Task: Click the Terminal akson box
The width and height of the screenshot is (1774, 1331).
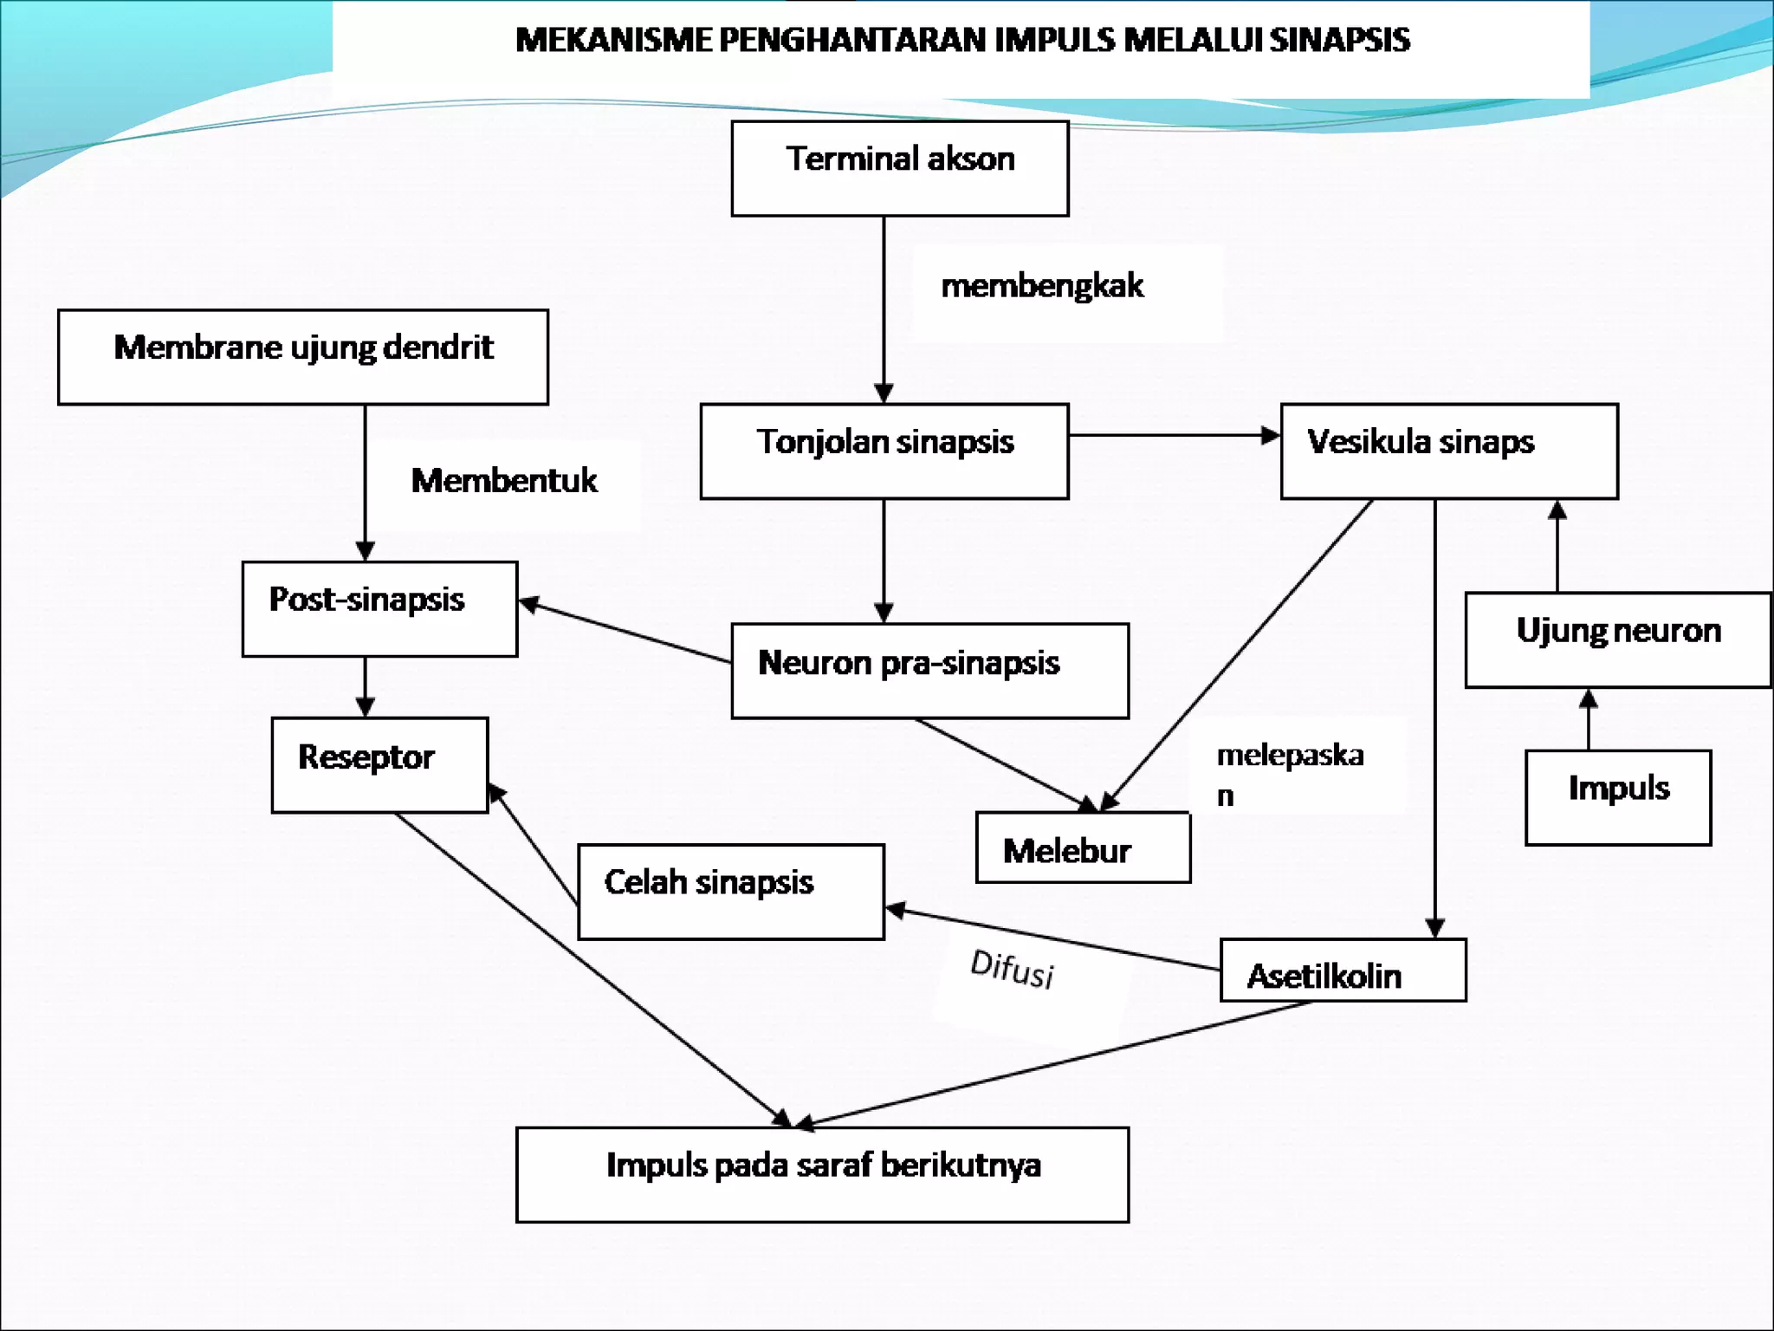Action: pyautogui.click(x=899, y=168)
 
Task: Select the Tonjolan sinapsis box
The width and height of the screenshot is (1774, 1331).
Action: pyautogui.click(x=884, y=451)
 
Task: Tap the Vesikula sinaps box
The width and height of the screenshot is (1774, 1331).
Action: pyautogui.click(x=1448, y=451)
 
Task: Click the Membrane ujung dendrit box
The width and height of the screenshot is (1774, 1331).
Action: pyautogui.click(x=302, y=357)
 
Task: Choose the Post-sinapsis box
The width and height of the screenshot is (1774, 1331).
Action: pyautogui.click(x=379, y=608)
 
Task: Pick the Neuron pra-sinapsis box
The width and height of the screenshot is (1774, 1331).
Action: pyautogui.click(x=929, y=670)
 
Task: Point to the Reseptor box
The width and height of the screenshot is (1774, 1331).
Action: pyautogui.click(x=379, y=764)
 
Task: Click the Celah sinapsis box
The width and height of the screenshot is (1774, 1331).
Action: pyautogui.click(x=730, y=891)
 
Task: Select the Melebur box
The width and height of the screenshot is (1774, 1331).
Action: pyautogui.click(x=1083, y=847)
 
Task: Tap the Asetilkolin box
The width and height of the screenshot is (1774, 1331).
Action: pyautogui.click(x=1343, y=971)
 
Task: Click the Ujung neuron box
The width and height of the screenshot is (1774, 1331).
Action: pyautogui.click(x=1617, y=640)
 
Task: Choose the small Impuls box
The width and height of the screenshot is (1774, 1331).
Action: pyautogui.click(x=1617, y=796)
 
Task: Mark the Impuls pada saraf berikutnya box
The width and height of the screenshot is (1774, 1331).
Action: pyautogui.click(x=821, y=1174)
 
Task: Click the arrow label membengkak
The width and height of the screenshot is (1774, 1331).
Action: pyautogui.click(x=1041, y=286)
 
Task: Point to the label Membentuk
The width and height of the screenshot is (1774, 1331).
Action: pyautogui.click(x=503, y=480)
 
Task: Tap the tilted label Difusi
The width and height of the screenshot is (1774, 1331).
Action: pyautogui.click(x=1012, y=968)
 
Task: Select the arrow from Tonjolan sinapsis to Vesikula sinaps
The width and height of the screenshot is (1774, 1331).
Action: pyautogui.click(x=1174, y=435)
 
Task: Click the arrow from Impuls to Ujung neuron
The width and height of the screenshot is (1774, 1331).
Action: pyautogui.click(x=1588, y=719)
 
